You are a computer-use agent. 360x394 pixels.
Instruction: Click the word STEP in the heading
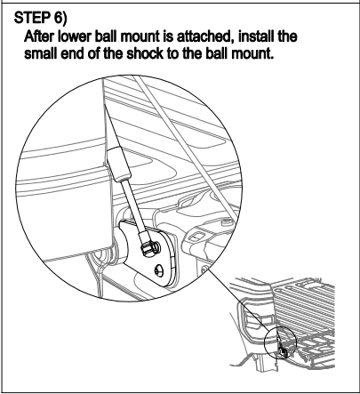coord(32,19)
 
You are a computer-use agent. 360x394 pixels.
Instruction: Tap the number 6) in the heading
coord(60,19)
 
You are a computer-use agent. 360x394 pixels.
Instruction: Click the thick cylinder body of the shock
coord(118,164)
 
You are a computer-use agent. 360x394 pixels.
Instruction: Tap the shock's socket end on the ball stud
coord(148,244)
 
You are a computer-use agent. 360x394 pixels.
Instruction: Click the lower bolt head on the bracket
coord(159,270)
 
